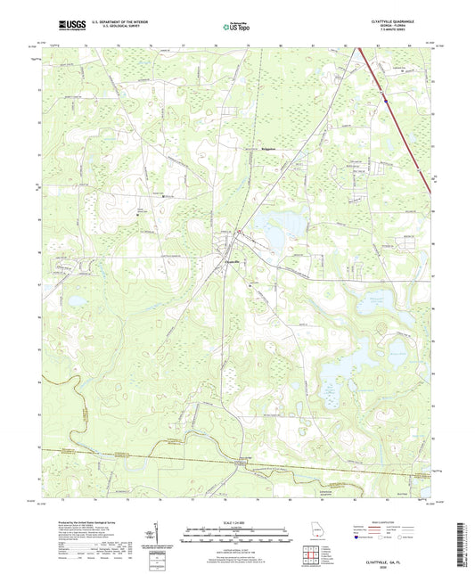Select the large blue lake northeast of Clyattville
273,225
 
